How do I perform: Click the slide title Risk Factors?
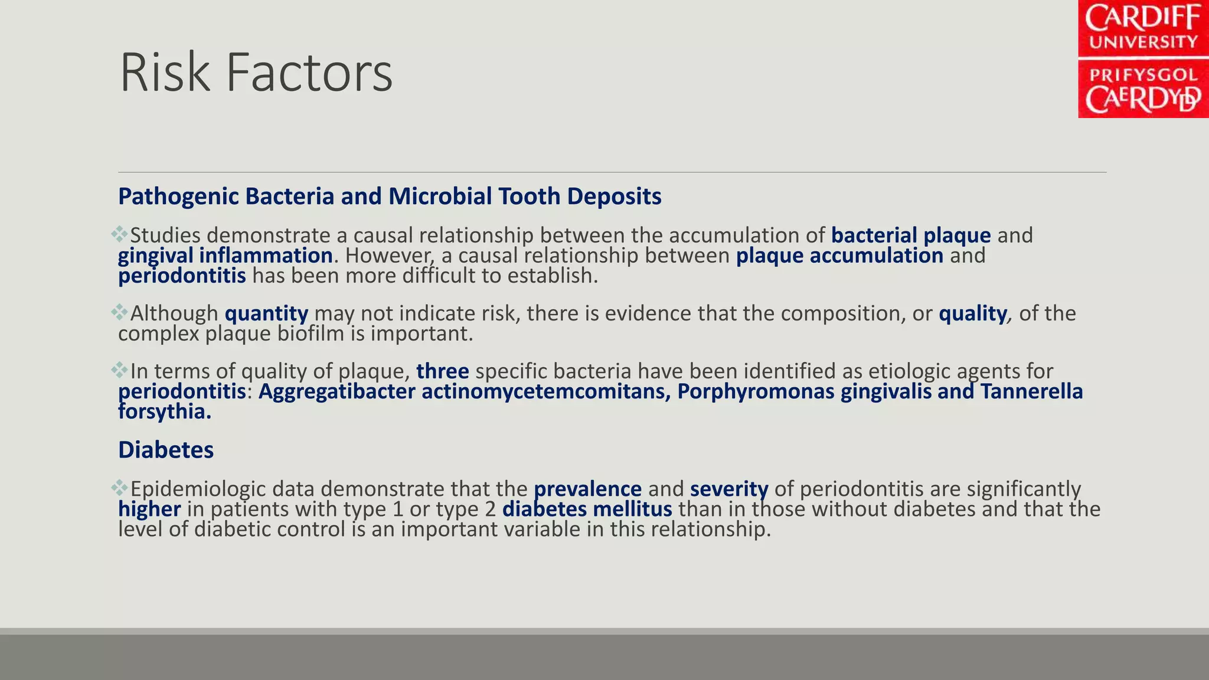[256, 73]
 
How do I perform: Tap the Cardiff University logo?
[1143, 59]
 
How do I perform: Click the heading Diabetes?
[166, 450]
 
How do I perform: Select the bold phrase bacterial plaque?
[910, 235]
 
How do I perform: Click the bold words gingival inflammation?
[225, 256]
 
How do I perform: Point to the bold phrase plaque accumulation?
[839, 256]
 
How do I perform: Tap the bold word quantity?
[266, 313]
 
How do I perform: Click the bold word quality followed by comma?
[972, 313]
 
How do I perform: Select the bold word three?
[442, 371]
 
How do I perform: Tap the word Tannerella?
[1031, 391]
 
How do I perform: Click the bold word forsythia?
[164, 411]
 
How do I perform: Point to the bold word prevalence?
[587, 489]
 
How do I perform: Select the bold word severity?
[729, 489]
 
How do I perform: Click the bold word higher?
[149, 509]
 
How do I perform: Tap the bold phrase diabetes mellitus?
[587, 509]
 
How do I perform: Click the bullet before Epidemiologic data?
[119, 488]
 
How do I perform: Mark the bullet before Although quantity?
[119, 312]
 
